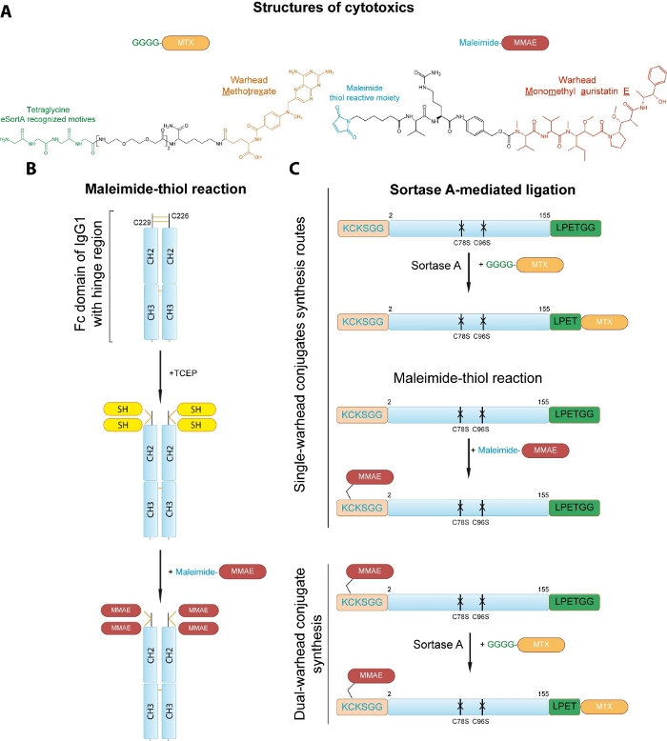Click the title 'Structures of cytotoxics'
coord(333,10)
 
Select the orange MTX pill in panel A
coord(184,43)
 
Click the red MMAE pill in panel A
coord(524,43)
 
